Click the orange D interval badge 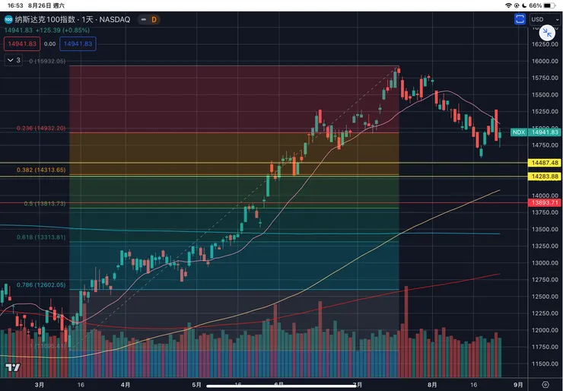pos(154,20)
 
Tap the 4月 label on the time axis pos(126,384)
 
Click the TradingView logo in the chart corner pos(13,368)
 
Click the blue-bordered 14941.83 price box pos(78,44)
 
